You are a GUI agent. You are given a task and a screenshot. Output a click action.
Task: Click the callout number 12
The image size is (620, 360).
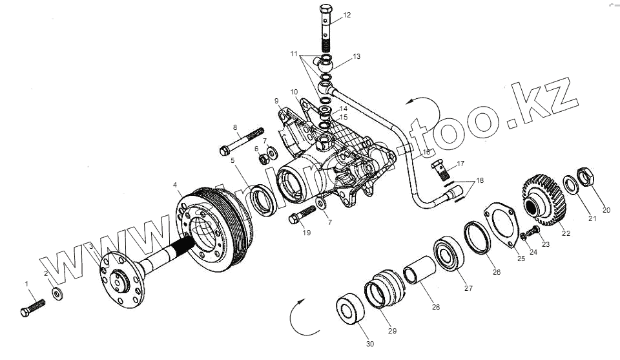[x=347, y=15]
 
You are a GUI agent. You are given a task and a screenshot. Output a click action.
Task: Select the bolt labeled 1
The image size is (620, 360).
[x=32, y=306]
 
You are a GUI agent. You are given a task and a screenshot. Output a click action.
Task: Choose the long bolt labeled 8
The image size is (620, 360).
[x=242, y=141]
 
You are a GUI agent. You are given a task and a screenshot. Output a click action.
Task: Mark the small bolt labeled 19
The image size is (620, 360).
[x=301, y=215]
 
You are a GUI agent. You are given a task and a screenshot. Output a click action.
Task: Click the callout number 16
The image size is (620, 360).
[x=426, y=152]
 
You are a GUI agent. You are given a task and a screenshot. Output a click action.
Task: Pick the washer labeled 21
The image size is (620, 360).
[x=572, y=185]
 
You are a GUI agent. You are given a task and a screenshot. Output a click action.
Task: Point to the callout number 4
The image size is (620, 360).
[x=175, y=185]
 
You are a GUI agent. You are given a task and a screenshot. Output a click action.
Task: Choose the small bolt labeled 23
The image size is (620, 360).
[x=533, y=231]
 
